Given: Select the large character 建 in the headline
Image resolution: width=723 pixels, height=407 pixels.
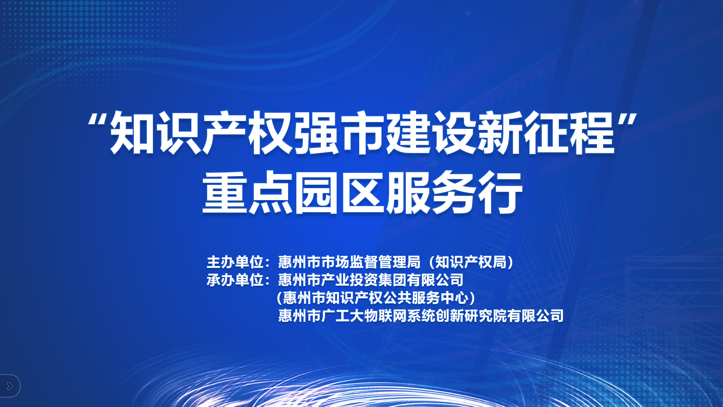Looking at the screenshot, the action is click(409, 133).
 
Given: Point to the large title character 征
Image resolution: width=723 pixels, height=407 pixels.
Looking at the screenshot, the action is click(546, 133).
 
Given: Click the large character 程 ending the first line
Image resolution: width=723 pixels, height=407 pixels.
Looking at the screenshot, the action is click(592, 133).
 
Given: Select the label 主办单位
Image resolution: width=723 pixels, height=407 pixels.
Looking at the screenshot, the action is click(235, 262).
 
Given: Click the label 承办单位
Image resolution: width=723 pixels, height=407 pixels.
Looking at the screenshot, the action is click(235, 280).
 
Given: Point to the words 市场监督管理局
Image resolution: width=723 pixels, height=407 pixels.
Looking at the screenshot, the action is click(371, 262).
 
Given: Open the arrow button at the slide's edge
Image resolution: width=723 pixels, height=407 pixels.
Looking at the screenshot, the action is click(10, 386).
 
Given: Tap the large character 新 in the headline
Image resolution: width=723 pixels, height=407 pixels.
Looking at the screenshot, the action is click(500, 133).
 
